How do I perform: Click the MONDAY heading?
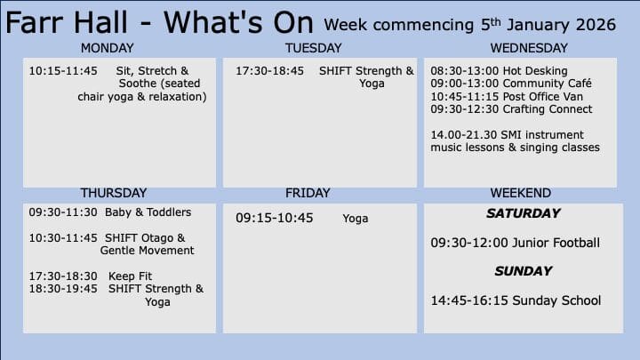tap(107, 48)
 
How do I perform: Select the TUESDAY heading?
tap(313, 48)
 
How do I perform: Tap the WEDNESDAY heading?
tap(529, 48)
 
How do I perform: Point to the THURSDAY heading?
tap(114, 193)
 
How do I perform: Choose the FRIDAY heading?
tap(308, 193)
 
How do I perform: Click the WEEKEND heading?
tap(520, 193)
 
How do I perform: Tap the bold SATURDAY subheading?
tap(524, 213)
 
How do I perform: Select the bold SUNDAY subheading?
tap(524, 271)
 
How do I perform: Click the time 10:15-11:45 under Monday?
tap(63, 71)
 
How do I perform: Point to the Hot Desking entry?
tap(535, 71)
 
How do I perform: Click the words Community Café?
tap(547, 84)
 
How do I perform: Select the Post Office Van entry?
tap(542, 97)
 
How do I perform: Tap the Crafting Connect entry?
tap(547, 109)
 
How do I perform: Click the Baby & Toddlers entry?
tap(148, 212)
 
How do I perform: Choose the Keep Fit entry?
tap(130, 276)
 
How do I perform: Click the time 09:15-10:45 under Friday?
tap(275, 218)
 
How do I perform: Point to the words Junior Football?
tap(556, 243)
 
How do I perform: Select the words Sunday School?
tap(556, 300)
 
